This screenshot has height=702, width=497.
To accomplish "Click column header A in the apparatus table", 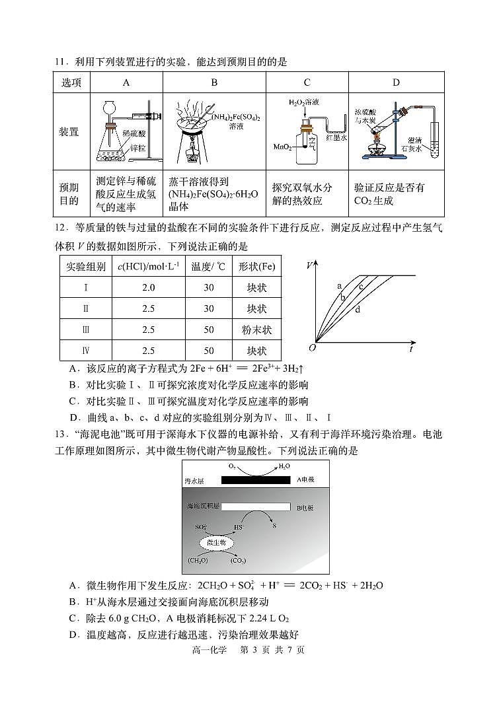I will [126, 83].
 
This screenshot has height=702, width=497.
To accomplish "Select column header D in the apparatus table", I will [395, 83].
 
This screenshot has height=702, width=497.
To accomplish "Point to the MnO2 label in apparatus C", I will [282, 147].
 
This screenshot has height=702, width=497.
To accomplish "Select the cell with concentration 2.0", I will [148, 288].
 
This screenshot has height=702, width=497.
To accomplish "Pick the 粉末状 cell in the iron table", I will [256, 330].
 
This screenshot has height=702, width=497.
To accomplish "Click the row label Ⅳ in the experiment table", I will [85, 351].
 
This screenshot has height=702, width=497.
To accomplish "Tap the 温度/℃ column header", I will [208, 267].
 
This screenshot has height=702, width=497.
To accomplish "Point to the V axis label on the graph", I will [310, 265].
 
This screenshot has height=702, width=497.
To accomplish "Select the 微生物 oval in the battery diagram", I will [216, 542].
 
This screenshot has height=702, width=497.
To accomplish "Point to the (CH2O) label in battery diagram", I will [197, 560].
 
